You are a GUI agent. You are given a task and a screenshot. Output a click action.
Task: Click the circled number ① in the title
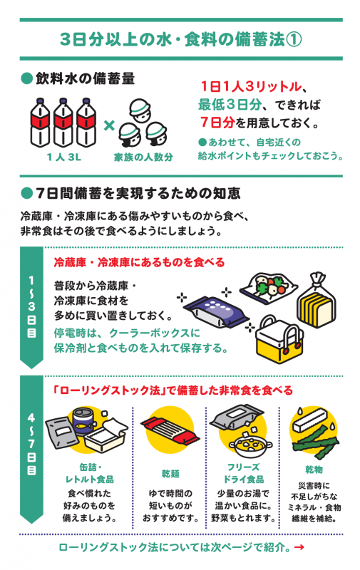click(294, 40)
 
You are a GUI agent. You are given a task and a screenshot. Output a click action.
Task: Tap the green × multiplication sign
click(109, 126)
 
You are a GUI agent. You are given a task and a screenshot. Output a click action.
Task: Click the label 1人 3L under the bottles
click(64, 157)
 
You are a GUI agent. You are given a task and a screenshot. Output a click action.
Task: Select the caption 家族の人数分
click(143, 157)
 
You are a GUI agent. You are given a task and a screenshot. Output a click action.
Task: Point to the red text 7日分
click(217, 122)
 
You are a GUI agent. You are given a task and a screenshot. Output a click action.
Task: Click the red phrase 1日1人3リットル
click(251, 86)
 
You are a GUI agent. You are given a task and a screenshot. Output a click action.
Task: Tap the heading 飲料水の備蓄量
click(85, 78)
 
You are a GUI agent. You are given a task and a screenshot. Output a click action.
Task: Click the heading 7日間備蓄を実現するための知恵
click(138, 193)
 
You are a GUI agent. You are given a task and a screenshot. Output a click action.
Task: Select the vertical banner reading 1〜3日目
click(31, 307)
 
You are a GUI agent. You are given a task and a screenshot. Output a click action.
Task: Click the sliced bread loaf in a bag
click(317, 300)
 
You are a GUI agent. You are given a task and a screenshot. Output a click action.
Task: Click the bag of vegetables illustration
click(268, 287)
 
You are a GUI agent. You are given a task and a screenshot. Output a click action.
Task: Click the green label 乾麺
click(170, 474)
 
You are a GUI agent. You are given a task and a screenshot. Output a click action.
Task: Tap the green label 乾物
click(314, 470)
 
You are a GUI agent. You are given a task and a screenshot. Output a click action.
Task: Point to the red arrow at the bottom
click(299, 547)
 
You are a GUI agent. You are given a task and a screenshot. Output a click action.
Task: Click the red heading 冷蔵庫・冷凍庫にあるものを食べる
click(139, 262)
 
